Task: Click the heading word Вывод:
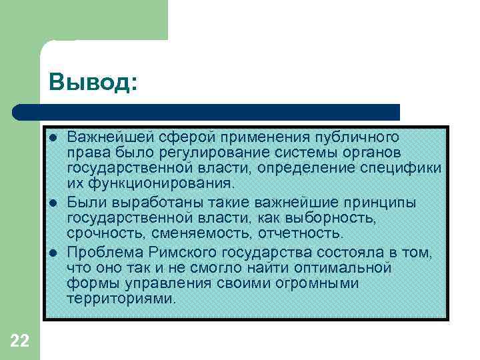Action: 93,83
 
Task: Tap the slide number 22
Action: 20,341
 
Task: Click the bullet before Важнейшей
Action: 53,138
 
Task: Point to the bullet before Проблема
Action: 53,253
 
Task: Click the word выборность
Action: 339,217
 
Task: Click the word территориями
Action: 121,298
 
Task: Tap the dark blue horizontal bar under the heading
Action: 207,111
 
